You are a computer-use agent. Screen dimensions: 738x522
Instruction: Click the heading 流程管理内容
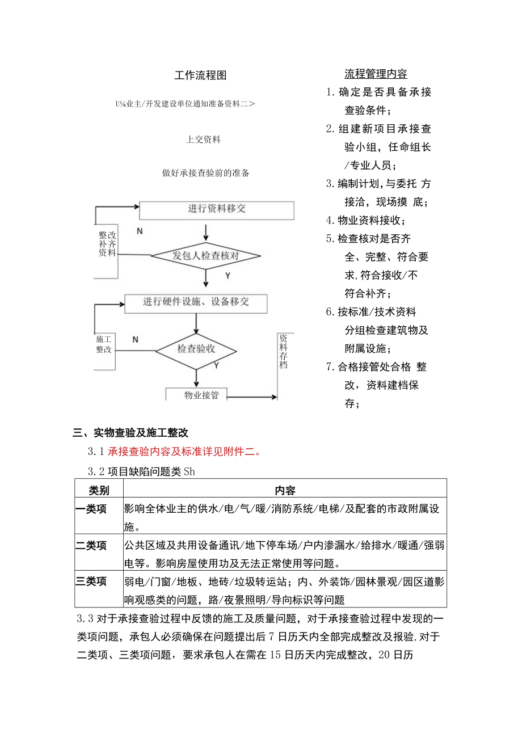[x=376, y=74]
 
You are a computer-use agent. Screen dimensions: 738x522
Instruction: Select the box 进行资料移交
[x=217, y=209]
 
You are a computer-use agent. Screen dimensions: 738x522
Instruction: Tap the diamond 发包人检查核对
[x=205, y=256]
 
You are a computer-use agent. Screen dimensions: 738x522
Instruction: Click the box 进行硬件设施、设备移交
[x=196, y=302]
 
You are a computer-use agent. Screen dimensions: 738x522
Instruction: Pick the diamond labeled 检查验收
[x=196, y=348]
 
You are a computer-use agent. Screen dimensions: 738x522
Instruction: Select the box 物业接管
[x=201, y=395]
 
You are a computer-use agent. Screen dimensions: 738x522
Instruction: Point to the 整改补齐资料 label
[x=107, y=244]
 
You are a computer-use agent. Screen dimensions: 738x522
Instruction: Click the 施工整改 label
[x=104, y=344]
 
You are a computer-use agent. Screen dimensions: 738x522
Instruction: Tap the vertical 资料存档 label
[x=283, y=351]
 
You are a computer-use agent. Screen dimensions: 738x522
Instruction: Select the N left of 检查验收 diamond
[x=135, y=339]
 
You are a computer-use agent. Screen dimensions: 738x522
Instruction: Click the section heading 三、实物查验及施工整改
[x=131, y=433]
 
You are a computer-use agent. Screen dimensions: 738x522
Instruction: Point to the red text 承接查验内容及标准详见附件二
[x=185, y=452]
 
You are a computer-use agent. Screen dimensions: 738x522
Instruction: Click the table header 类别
[x=99, y=489]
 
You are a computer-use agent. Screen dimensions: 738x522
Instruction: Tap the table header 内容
[x=285, y=489]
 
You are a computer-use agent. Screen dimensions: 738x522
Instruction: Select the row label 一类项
[x=91, y=509]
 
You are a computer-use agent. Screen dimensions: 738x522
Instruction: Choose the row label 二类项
[x=91, y=546]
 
